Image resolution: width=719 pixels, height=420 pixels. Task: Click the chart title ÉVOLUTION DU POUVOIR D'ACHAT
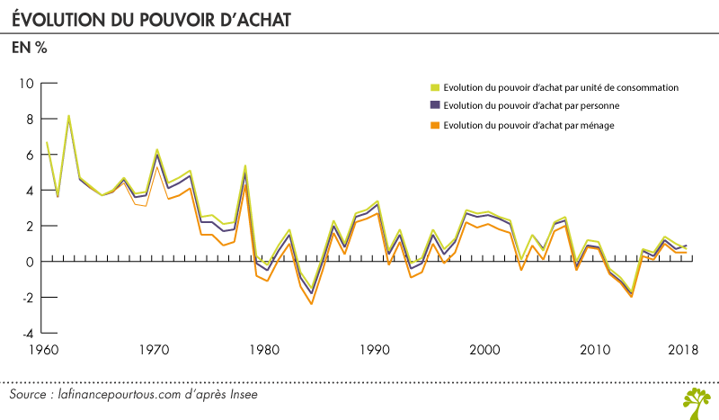[x=150, y=18]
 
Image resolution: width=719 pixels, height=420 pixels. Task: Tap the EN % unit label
[x=29, y=49]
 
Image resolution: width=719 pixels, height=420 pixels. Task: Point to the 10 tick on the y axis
[x=26, y=84]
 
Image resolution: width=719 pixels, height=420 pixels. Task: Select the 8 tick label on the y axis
[x=30, y=119]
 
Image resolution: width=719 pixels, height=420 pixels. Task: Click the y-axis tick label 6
[x=30, y=155]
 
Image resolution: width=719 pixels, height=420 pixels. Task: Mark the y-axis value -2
[x=27, y=298]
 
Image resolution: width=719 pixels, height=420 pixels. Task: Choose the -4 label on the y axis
[x=27, y=333]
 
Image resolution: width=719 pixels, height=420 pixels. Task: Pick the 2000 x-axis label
[x=486, y=350]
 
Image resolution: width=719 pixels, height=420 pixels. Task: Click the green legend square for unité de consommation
[x=434, y=87]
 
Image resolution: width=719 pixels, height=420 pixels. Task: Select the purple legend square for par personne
[x=434, y=106]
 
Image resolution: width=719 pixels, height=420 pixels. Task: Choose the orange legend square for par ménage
[x=434, y=125]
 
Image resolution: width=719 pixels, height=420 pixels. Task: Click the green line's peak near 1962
[x=69, y=116]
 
